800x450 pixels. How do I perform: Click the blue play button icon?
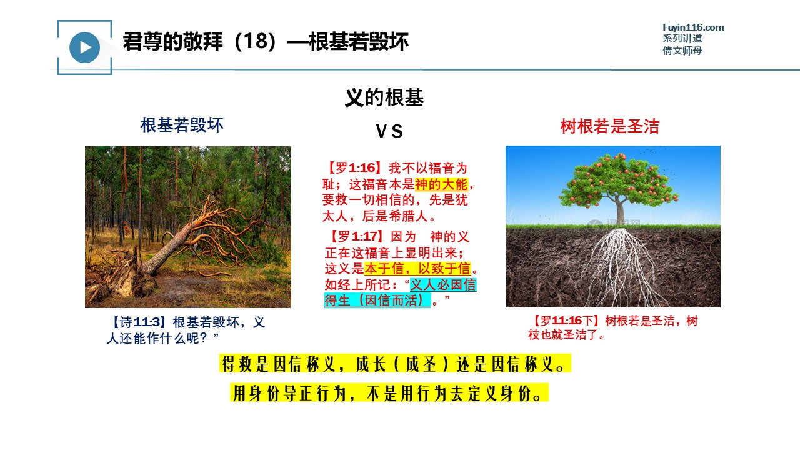click(84, 47)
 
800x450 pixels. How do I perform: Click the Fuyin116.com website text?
click(693, 27)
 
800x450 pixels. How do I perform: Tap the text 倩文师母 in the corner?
click(682, 51)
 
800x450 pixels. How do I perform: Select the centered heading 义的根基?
click(384, 97)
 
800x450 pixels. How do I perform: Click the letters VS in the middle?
click(389, 131)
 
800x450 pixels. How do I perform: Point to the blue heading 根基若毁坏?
click(182, 125)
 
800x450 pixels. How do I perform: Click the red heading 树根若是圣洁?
click(609, 126)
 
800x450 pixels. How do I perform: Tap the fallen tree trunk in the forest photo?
click(175, 243)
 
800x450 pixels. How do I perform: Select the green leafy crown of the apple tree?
click(619, 181)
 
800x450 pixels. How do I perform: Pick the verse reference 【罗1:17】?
click(354, 236)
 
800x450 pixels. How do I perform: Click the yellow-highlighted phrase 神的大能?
click(441, 184)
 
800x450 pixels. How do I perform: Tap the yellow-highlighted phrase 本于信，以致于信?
click(417, 269)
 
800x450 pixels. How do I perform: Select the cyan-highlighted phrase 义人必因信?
click(443, 284)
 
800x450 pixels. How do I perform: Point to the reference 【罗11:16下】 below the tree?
click(564, 321)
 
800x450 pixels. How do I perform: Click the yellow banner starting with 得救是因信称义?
click(395, 364)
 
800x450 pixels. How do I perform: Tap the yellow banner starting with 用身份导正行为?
click(389, 393)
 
